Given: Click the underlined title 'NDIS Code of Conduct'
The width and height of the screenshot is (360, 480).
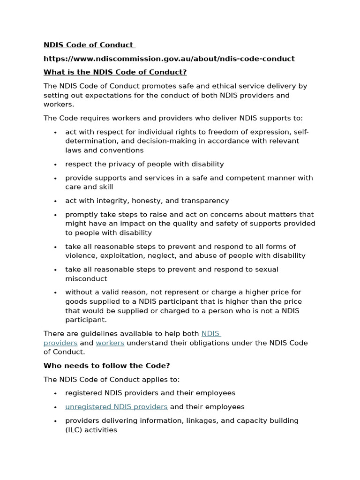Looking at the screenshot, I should tap(89, 45).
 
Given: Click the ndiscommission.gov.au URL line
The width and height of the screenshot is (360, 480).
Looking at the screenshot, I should tap(169, 59).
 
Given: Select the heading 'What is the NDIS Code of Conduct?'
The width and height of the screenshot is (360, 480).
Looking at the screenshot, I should tap(115, 72).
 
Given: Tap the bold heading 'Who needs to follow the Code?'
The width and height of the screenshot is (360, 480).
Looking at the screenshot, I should tap(106, 366).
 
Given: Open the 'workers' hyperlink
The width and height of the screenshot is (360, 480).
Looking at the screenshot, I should tap(110, 343).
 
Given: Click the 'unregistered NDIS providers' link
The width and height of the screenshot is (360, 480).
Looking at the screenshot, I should tap(116, 407).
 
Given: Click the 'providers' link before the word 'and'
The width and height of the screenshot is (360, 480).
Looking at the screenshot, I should tap(60, 343).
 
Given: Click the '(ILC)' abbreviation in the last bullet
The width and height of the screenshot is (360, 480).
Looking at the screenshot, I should tap(75, 430).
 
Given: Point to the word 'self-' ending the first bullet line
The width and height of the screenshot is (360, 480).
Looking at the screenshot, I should tap(300, 132).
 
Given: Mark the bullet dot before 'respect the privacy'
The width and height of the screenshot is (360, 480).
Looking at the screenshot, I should tap(55, 165).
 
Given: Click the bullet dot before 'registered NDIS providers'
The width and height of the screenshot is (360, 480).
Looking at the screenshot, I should tap(55, 394).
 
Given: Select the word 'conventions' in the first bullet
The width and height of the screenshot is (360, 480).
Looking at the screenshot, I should tap(122, 150).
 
